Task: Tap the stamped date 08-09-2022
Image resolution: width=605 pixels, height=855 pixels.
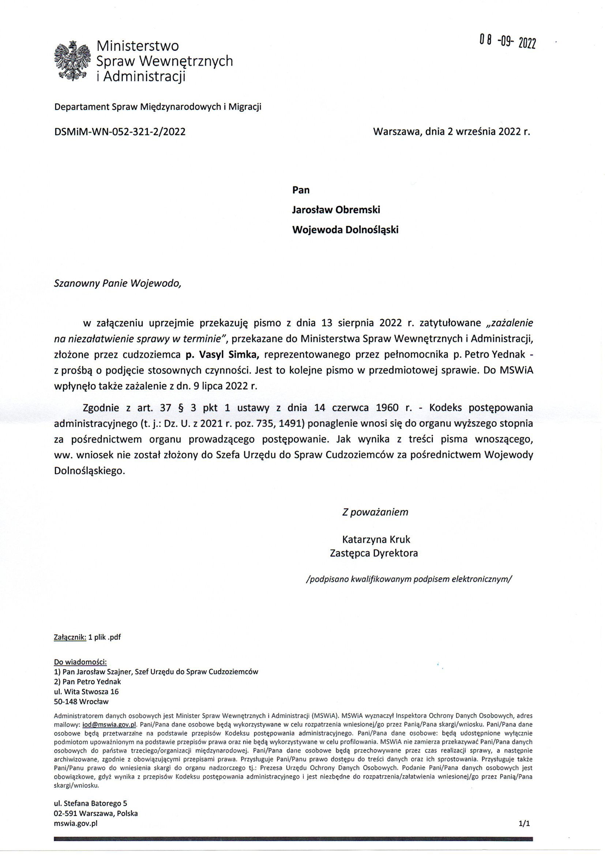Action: click(x=508, y=42)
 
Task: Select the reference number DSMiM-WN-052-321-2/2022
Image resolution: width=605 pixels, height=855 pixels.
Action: click(x=120, y=132)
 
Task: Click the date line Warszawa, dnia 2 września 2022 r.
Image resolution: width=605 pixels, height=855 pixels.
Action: click(x=451, y=132)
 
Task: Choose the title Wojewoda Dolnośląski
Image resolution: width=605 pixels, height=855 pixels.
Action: click(x=345, y=230)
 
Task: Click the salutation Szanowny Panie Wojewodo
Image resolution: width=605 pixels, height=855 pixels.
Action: click(x=117, y=283)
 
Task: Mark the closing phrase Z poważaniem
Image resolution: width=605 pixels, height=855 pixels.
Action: click(x=375, y=512)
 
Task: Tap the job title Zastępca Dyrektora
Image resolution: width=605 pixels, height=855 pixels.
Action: click(x=374, y=553)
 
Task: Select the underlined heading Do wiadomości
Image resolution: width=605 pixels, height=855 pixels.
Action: click(x=80, y=662)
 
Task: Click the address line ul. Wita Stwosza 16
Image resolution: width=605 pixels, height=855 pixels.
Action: click(x=86, y=692)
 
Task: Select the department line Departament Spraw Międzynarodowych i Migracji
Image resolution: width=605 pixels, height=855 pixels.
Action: click(x=158, y=107)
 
